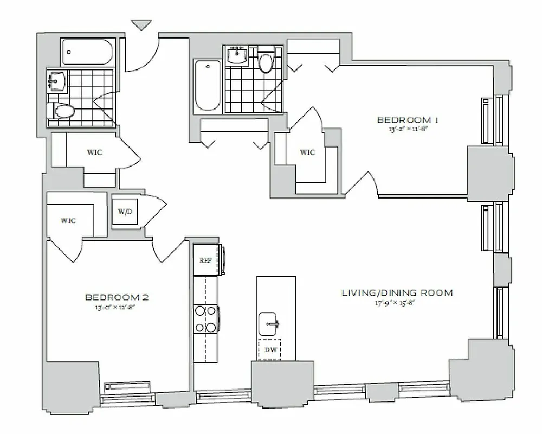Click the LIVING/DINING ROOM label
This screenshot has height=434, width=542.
[397, 293]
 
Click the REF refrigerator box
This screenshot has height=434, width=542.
[205, 260]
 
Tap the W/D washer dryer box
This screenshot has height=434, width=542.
[125, 211]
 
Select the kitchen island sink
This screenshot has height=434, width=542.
[269, 323]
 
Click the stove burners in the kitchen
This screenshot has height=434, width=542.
[205, 319]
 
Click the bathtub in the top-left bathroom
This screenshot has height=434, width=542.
[87, 53]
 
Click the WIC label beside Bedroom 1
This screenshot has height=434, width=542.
[307, 152]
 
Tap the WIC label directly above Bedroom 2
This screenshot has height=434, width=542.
[68, 220]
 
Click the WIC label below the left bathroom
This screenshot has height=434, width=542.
[94, 152]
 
